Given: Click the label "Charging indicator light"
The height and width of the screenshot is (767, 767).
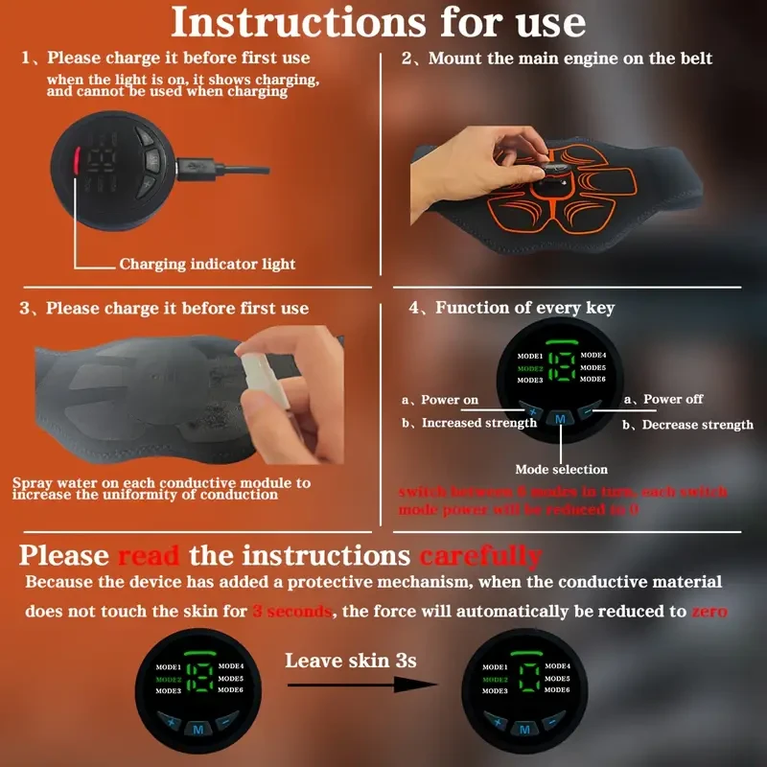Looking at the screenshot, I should pos(207,264).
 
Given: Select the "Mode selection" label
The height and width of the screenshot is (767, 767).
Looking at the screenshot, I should pos(561,469).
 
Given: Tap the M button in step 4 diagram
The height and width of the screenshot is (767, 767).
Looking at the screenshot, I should pos(561,418).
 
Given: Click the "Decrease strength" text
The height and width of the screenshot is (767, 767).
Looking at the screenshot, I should pos(696,425).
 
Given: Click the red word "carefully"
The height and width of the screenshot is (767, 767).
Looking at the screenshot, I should pos(480,555).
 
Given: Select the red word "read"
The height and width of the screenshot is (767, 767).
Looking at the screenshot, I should pos(150,555).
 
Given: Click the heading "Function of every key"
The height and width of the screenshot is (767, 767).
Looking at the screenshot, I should pos(524,308).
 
